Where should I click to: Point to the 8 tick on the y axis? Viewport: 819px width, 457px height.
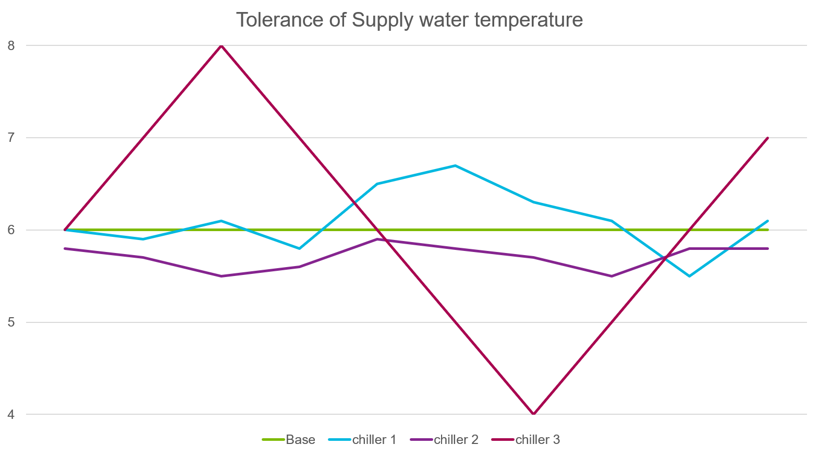click(x=11, y=45)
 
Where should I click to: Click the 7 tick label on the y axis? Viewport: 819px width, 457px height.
click(x=11, y=138)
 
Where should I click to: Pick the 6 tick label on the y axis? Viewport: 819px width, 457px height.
click(x=11, y=230)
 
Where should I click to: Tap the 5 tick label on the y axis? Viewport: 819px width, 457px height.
click(x=11, y=322)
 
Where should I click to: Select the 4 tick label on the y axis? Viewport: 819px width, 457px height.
click(x=11, y=415)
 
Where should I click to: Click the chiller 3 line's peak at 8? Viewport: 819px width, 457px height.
click(x=221, y=46)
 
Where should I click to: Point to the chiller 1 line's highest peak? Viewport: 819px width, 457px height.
click(x=455, y=165)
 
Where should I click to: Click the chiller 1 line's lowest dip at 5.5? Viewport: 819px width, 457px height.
click(x=689, y=276)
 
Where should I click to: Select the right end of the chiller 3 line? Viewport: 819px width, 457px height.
click(x=768, y=138)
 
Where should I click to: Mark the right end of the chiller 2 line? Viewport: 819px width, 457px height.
click(x=768, y=248)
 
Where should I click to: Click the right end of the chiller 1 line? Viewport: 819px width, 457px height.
click(x=768, y=221)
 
